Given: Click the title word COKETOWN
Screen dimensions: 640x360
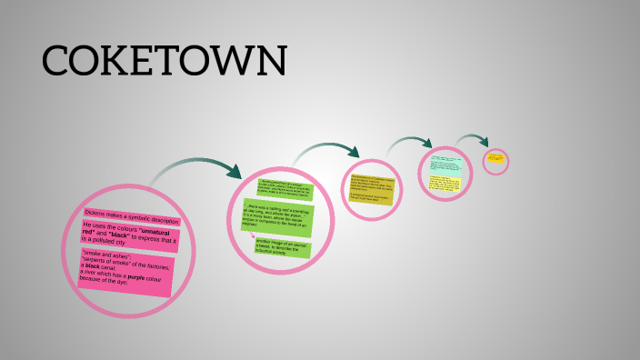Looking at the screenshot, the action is pyautogui.click(x=164, y=61).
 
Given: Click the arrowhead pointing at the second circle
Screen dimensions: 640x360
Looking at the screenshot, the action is pyautogui.click(x=235, y=172).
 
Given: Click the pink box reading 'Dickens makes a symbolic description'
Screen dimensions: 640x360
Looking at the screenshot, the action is pyautogui.click(x=132, y=215).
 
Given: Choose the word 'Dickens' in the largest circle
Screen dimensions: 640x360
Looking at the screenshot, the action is pyautogui.click(x=97, y=212).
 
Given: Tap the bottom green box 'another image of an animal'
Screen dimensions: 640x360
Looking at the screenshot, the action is pyautogui.click(x=283, y=246).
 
